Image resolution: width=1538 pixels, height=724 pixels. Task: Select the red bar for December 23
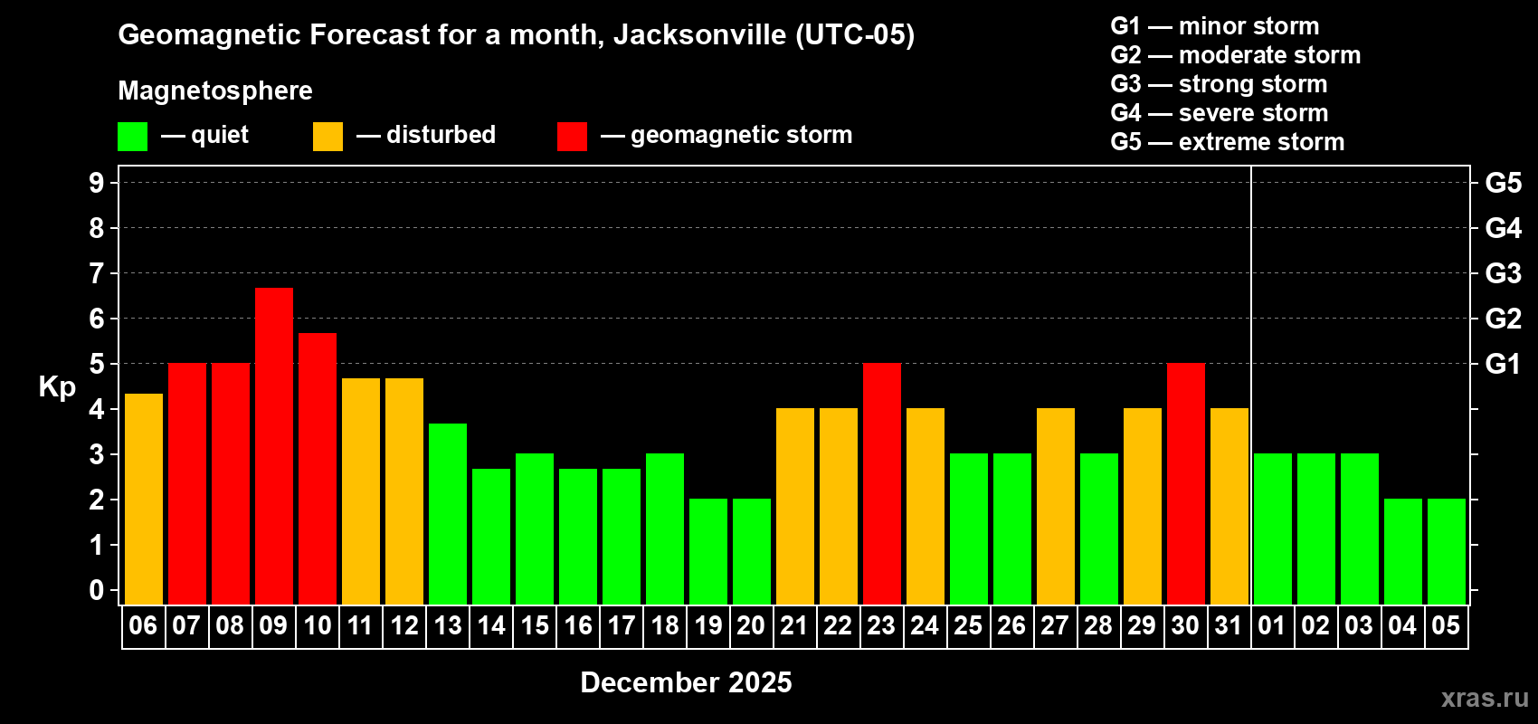pyautogui.click(x=882, y=483)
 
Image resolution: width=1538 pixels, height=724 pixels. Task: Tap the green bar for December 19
pyautogui.click(x=708, y=551)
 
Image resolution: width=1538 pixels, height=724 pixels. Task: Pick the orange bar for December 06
pyautogui.click(x=144, y=499)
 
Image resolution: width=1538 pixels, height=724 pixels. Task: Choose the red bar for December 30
pyautogui.click(x=1186, y=483)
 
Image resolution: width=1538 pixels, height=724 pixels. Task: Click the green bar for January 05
pyautogui.click(x=1447, y=551)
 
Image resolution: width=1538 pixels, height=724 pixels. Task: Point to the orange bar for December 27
pyautogui.click(x=1056, y=506)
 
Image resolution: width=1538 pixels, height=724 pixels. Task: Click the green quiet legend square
pyautogui.click(x=132, y=137)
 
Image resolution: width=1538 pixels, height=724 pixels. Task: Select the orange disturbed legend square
pyautogui.click(x=328, y=137)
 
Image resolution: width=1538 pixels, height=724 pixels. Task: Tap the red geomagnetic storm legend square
pyautogui.click(x=572, y=137)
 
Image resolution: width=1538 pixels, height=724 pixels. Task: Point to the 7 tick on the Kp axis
pyautogui.click(x=97, y=273)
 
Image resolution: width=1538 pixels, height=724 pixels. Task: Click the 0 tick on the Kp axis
pyautogui.click(x=97, y=591)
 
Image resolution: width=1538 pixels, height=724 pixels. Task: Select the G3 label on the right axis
pyautogui.click(x=1503, y=273)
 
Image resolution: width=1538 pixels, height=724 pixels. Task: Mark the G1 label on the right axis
pyautogui.click(x=1503, y=364)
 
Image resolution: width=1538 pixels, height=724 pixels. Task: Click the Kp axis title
pyautogui.click(x=57, y=387)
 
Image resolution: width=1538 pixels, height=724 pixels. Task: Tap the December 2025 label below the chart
pyautogui.click(x=686, y=682)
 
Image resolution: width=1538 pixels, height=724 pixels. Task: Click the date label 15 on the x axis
pyautogui.click(x=535, y=625)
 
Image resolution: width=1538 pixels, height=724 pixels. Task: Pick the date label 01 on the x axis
pyautogui.click(x=1271, y=625)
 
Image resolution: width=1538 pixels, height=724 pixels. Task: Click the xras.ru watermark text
pyautogui.click(x=1484, y=698)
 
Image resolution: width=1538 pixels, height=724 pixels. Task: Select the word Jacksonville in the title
pyautogui.click(x=699, y=35)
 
